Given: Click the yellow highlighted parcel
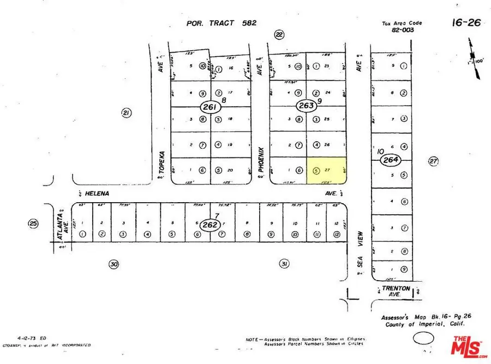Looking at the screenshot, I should point(326,171).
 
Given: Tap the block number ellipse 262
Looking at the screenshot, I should point(208,224).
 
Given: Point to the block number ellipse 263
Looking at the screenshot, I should point(306,106).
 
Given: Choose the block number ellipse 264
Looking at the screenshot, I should point(391,160).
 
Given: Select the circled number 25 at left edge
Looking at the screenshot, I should point(34,223).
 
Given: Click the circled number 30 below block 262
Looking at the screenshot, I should point(113,264).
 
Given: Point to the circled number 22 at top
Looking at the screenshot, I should point(279,34).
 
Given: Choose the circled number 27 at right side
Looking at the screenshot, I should point(433,161).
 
